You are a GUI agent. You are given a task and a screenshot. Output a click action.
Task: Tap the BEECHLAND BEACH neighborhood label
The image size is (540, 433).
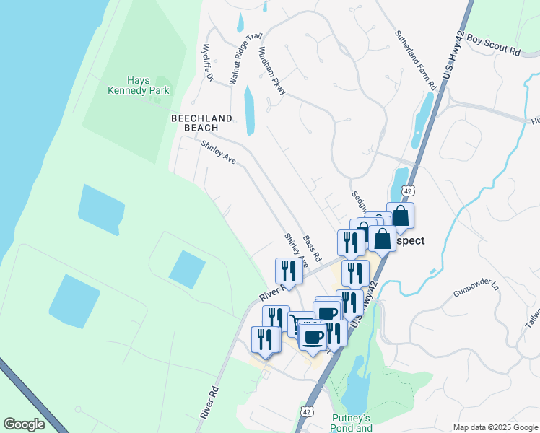point(201,123)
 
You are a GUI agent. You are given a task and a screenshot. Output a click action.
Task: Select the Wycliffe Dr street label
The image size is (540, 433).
point(209,63)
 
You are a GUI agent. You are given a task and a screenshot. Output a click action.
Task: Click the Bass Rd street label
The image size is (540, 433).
point(312,248)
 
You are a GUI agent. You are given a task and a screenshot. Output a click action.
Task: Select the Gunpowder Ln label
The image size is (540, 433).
point(476,287)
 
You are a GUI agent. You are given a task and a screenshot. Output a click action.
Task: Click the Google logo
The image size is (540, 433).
point(25,424)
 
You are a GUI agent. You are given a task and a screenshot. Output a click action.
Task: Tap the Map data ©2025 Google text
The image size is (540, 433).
point(495,427)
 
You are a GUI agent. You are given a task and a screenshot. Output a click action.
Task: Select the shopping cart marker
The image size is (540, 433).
point(300,323)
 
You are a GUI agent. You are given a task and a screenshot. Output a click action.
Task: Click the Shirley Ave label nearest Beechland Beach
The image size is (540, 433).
point(218,152)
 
